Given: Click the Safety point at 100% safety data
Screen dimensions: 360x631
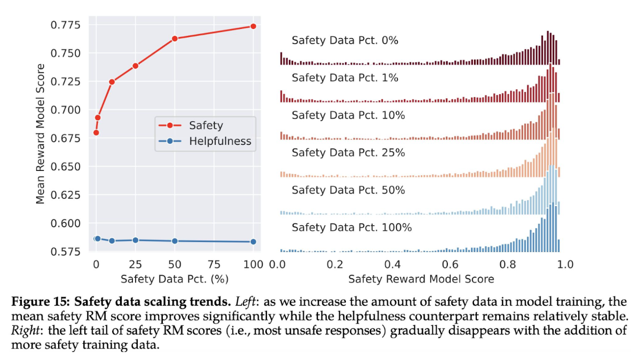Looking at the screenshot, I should click(x=253, y=26).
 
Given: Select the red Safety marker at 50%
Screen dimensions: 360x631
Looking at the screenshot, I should click(x=175, y=38).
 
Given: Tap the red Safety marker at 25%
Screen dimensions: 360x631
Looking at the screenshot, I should click(x=136, y=66).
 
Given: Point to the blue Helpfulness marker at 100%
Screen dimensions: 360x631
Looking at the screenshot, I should click(x=253, y=241).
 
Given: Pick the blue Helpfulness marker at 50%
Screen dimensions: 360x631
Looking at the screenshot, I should click(x=175, y=241).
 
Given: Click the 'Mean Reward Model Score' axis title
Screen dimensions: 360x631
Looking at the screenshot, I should click(x=41, y=134).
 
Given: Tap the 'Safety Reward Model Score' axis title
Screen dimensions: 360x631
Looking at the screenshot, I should click(x=421, y=279).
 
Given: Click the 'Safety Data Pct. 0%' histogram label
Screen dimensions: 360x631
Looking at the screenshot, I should click(x=345, y=41).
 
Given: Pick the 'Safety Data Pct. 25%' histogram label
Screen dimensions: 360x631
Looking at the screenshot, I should click(x=348, y=153).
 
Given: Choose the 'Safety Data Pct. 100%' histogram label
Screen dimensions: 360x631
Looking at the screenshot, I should click(x=352, y=228).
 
